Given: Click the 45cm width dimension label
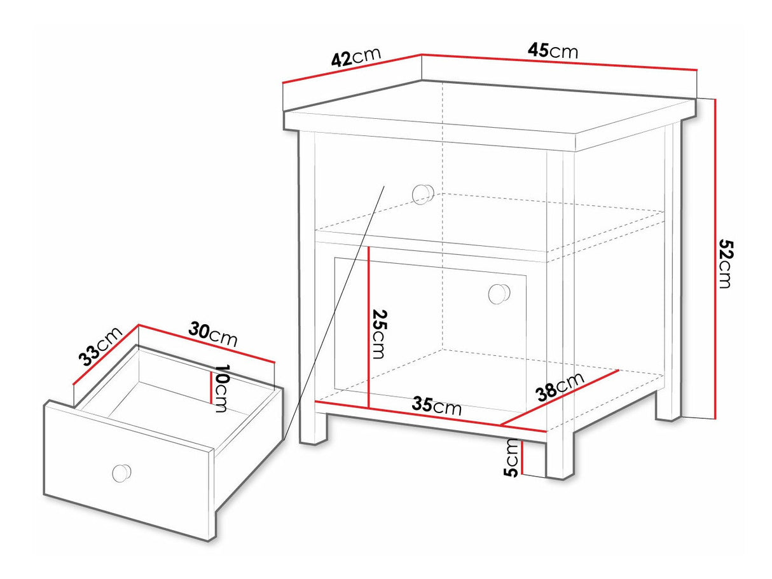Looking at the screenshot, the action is click(553, 51).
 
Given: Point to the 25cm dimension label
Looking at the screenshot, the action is click(379, 334).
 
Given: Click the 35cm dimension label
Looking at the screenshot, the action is click(436, 405).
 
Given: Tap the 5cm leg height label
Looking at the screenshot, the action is click(511, 458).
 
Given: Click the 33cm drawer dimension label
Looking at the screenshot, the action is click(100, 346).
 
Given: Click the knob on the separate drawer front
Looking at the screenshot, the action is click(121, 472).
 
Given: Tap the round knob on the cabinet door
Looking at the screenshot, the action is click(499, 294).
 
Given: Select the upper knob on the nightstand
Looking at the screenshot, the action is click(423, 194).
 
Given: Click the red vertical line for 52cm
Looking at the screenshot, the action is click(715, 259).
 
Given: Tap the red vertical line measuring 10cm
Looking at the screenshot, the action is click(210, 387).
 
